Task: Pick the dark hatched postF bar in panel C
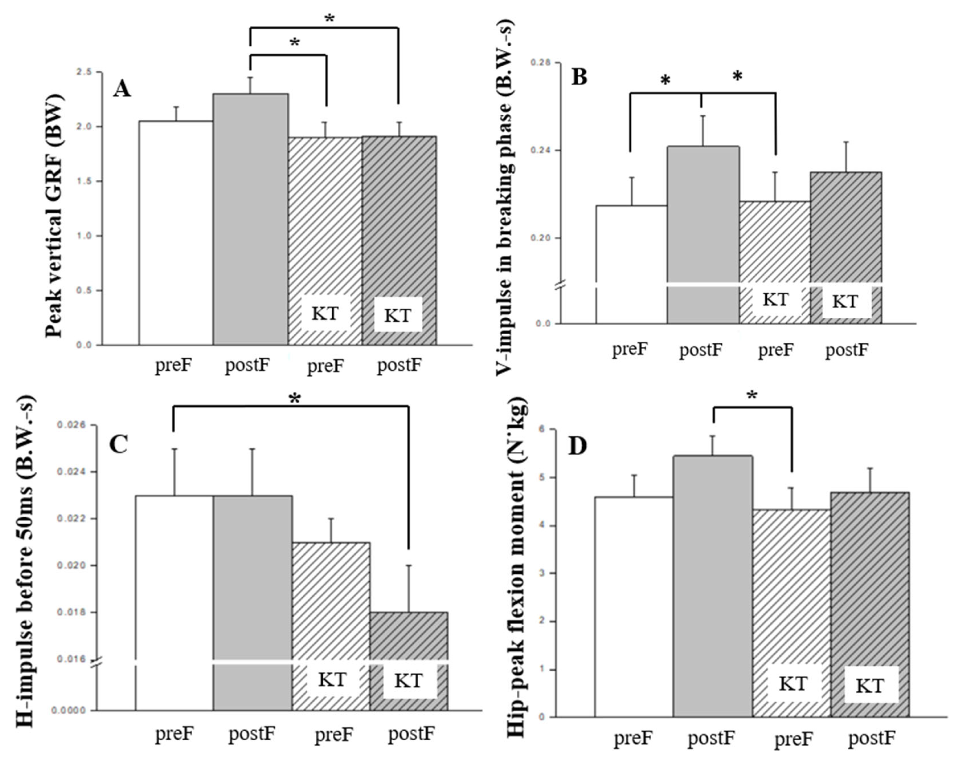[x=408, y=641]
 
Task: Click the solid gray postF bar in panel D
[x=712, y=575]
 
